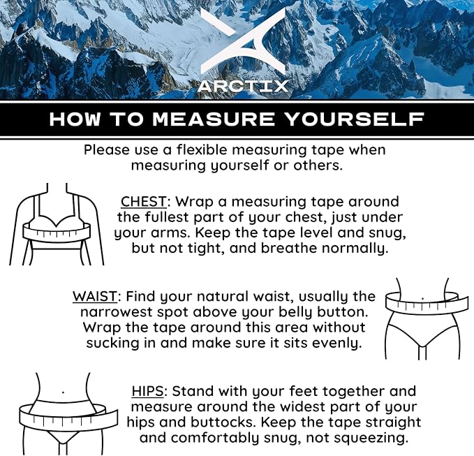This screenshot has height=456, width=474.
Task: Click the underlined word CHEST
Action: point(144,202)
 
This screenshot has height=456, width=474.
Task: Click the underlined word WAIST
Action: point(95,297)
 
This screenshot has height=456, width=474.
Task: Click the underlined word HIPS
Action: point(147,391)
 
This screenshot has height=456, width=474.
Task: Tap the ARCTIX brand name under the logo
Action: point(243,86)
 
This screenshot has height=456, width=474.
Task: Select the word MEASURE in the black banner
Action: point(214,119)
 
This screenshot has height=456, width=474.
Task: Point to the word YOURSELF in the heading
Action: point(355,119)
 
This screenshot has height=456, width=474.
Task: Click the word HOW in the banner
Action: point(75,119)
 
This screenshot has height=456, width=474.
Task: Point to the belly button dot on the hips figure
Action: point(63,392)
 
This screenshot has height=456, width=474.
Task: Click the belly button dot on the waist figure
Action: point(422,298)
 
